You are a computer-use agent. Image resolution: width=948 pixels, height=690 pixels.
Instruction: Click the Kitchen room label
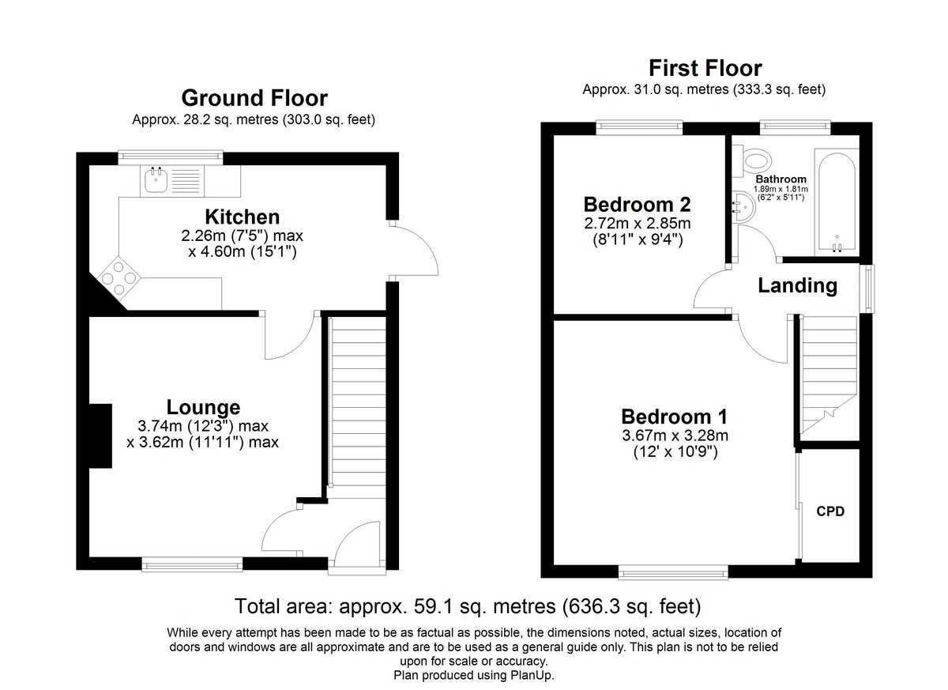[242, 217]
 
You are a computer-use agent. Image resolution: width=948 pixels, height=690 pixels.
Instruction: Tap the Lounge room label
[203, 407]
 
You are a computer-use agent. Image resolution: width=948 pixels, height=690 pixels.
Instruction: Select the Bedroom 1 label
[674, 417]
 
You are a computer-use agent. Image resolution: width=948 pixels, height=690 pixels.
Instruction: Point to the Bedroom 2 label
[637, 205]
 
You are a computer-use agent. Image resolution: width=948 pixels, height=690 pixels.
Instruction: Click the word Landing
[797, 286]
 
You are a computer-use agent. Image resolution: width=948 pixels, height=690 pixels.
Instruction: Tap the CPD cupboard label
[830, 511]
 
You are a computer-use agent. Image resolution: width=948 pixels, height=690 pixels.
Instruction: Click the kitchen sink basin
[156, 180]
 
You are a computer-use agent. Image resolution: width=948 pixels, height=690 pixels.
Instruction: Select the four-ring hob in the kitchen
[119, 278]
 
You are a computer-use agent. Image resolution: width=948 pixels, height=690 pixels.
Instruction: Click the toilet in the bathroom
[754, 161]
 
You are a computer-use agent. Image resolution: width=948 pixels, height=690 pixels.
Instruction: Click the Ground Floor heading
[254, 98]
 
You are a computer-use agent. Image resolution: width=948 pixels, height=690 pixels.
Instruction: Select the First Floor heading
[705, 68]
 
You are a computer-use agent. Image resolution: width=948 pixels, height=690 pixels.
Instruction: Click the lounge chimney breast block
[101, 436]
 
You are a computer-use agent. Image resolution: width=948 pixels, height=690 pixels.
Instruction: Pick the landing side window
[868, 289]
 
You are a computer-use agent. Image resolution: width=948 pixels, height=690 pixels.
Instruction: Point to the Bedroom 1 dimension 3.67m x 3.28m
[675, 435]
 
